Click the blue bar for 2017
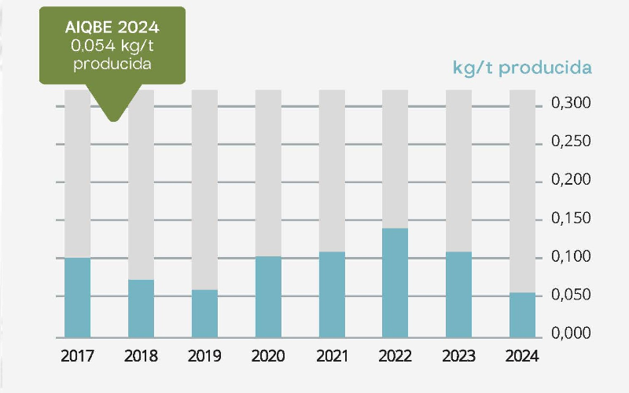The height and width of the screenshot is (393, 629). point(77,296)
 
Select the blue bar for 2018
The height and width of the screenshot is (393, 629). point(141,307)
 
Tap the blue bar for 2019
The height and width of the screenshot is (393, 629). point(204,313)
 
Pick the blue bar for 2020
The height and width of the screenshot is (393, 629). point(268,296)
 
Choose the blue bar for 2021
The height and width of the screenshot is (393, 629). point(332,293)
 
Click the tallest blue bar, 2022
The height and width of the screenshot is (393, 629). point(395,281)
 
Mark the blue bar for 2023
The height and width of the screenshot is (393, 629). point(458,293)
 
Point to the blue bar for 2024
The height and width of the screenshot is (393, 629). point(522,314)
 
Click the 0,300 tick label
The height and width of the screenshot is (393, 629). point(570,105)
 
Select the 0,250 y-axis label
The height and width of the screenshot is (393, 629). point(570,143)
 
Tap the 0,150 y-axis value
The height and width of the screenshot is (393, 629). point(570,219)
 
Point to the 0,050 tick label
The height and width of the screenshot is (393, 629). point(570,296)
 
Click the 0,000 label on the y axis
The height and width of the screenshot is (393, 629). point(570,333)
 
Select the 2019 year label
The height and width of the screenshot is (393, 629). point(204,356)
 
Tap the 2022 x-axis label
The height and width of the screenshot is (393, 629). point(395,356)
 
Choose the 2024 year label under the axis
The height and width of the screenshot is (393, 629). point(522,356)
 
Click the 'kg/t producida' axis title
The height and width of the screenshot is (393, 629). point(522,68)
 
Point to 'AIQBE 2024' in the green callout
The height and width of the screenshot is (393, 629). point(112,28)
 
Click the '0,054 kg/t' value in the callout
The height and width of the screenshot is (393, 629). point(112,46)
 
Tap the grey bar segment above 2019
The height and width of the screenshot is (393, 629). point(204,189)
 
